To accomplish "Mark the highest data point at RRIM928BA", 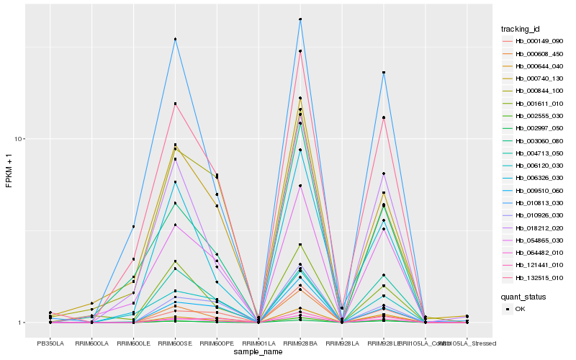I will click(x=300, y=19).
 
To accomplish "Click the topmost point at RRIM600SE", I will click(x=175, y=39).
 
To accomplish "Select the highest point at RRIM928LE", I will click(x=384, y=73).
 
